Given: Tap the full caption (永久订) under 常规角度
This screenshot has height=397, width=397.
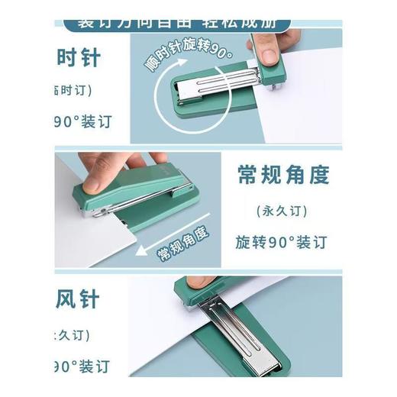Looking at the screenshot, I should tap(282, 210).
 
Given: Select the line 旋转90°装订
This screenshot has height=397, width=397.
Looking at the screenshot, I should tap(282, 242).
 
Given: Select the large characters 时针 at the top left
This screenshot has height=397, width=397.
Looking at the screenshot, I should tap(79, 58).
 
